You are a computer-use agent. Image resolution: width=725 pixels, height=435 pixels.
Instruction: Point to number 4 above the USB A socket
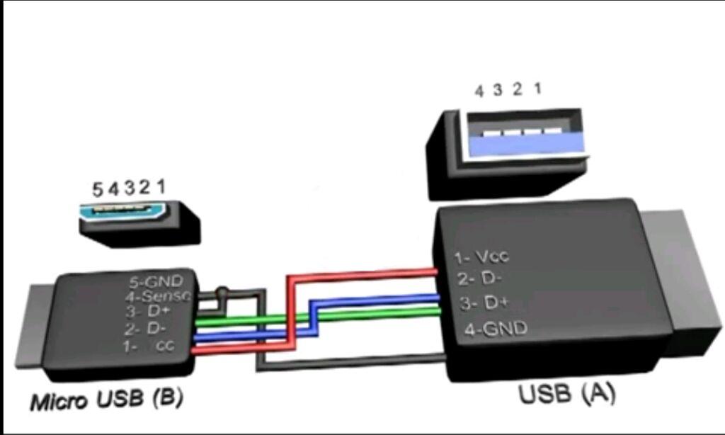click(x=479, y=91)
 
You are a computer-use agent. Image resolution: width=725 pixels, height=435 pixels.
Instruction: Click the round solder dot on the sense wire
click(x=223, y=290)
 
